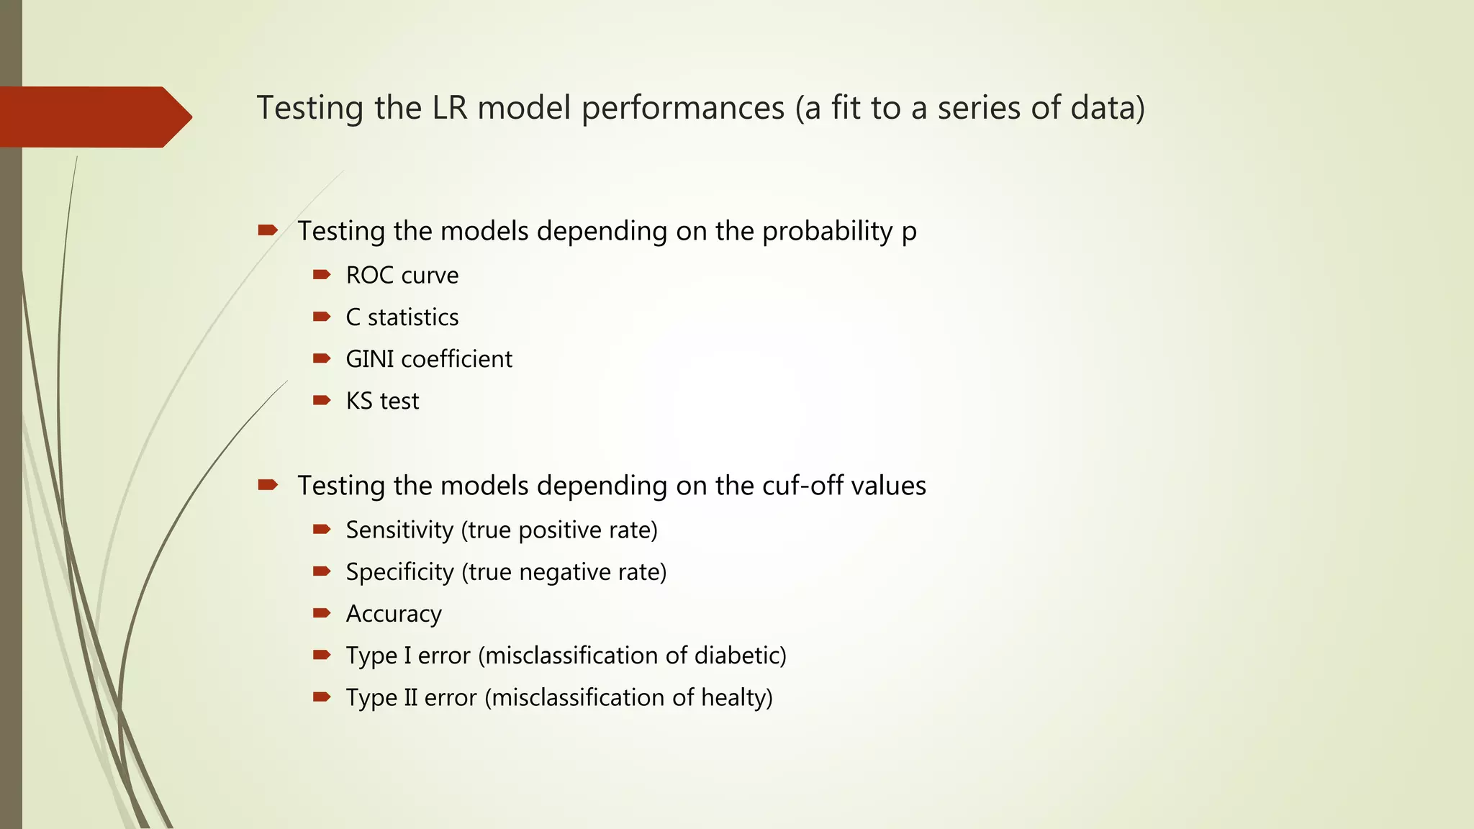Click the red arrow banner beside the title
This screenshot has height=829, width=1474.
click(x=94, y=117)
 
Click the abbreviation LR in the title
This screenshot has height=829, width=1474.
click(x=450, y=108)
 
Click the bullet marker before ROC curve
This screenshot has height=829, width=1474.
click(x=321, y=274)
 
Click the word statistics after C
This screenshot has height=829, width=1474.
click(x=413, y=317)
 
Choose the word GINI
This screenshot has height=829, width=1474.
click(x=369, y=359)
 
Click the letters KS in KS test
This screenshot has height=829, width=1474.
click(x=359, y=401)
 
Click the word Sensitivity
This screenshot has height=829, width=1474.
click(x=399, y=530)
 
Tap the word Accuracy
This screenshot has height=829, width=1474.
click(x=394, y=614)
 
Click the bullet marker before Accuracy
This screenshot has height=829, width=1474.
click(x=321, y=613)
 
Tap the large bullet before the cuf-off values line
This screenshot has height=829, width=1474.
click(x=268, y=485)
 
